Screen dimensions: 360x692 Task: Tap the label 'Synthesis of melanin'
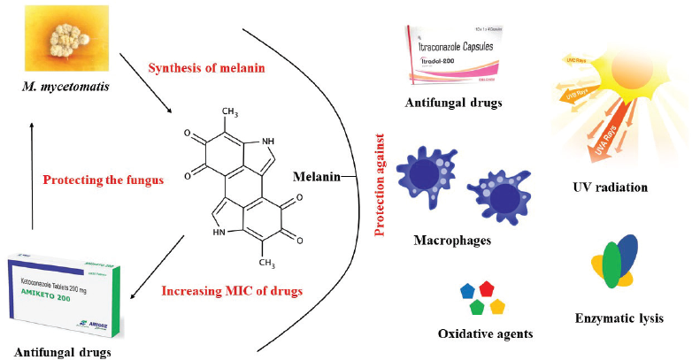coord(208,68)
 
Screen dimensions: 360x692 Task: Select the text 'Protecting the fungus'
coord(104,180)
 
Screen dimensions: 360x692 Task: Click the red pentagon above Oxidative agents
coord(486,288)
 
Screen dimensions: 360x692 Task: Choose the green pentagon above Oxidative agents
coord(476,307)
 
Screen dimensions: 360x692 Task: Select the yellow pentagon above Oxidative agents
coord(497,307)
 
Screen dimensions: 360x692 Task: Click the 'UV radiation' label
coord(610,188)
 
